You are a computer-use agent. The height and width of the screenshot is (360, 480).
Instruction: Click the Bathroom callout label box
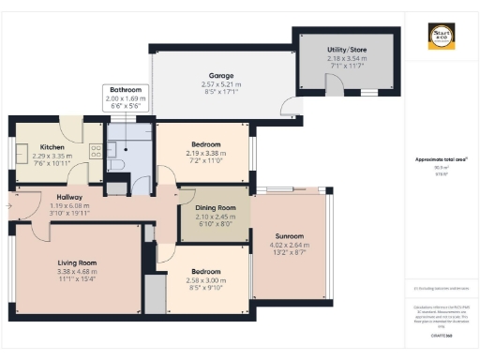(126, 97)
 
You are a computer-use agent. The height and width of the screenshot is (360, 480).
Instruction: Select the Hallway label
(44, 196)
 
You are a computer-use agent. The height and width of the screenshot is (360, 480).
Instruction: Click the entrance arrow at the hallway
(8, 200)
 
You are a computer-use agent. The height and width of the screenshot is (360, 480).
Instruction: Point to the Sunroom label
(290, 235)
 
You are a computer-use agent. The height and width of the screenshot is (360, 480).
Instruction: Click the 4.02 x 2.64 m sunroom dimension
(290, 245)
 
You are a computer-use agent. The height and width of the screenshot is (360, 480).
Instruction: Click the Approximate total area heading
(441, 160)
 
